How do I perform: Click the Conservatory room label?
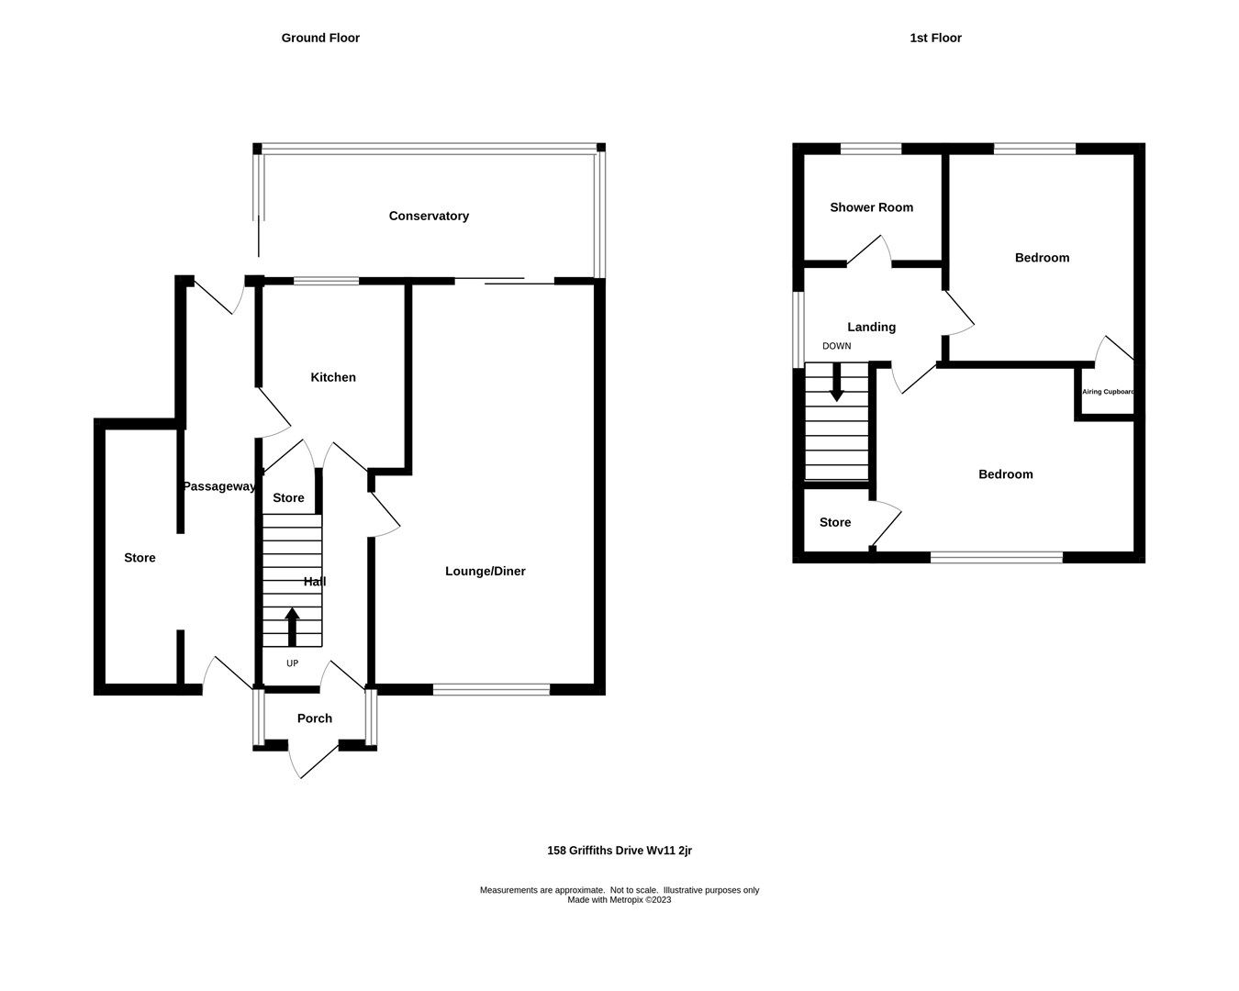pos(429,216)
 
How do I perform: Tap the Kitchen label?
pos(332,377)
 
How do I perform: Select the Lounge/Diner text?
pos(485,571)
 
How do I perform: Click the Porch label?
pos(314,718)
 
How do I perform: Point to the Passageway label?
pos(218,486)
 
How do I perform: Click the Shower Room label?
pos(871,207)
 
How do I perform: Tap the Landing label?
pos(871,327)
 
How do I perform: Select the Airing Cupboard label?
pos(1108,392)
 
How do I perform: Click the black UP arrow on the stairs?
pos(293,628)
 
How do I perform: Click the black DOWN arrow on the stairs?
pos(836,382)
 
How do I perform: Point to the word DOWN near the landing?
pos(836,346)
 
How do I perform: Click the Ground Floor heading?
pos(320,38)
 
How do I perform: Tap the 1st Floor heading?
pos(935,38)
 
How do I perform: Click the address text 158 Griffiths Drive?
pos(619,851)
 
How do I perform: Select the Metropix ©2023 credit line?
pos(619,900)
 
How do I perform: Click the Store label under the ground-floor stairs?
pos(288,497)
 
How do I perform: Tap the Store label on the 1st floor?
pos(834,522)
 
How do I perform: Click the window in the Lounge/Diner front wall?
pos(491,689)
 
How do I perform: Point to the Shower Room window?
pos(871,149)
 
